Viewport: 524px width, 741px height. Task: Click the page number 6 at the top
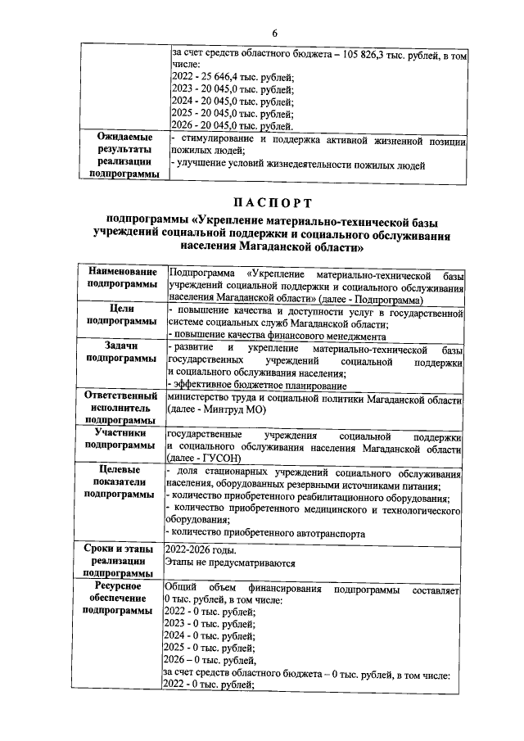(x=275, y=32)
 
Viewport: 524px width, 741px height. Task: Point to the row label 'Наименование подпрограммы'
(x=124, y=278)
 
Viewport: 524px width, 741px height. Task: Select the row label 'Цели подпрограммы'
(x=124, y=315)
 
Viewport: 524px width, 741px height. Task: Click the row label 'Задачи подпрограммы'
(x=124, y=353)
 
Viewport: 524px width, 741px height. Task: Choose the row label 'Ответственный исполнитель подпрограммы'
(x=123, y=406)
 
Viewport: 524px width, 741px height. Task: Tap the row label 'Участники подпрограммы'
(x=124, y=439)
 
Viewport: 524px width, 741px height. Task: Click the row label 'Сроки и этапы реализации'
(x=124, y=555)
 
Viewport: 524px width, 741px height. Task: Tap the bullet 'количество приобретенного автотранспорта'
(x=265, y=533)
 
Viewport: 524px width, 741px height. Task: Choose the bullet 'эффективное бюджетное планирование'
(x=257, y=385)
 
